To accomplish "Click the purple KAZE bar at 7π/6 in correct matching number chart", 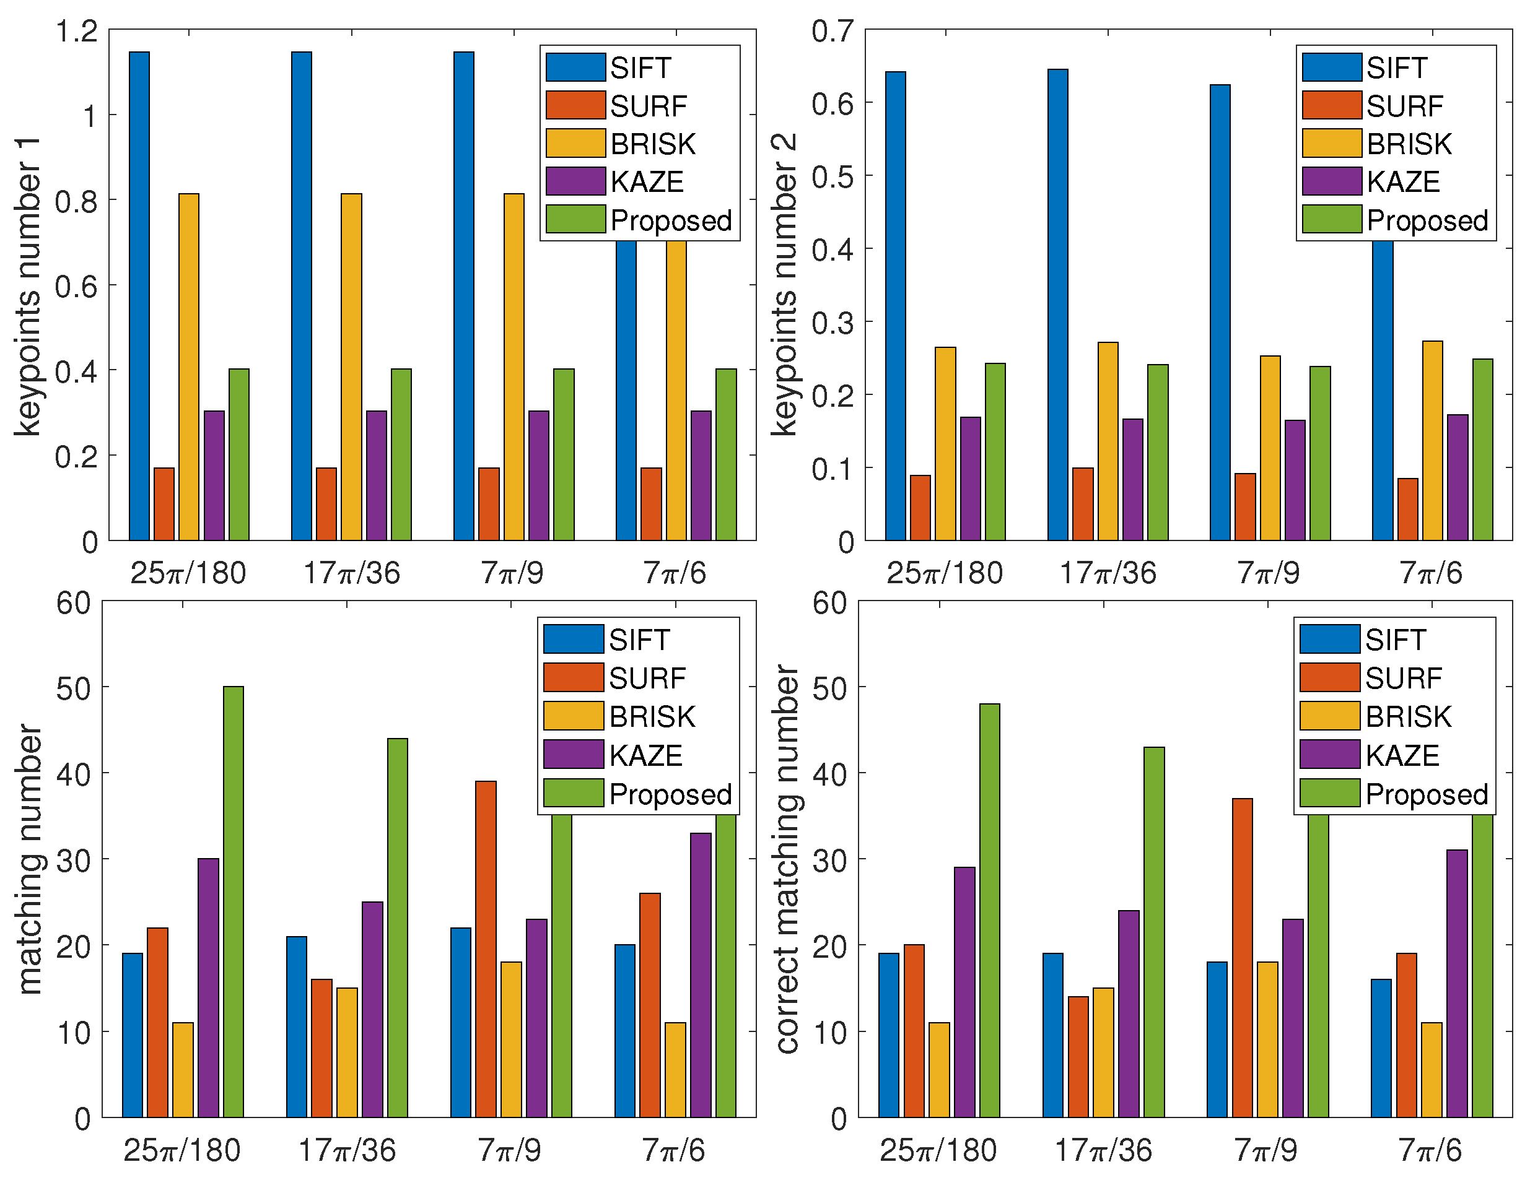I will tap(1457, 983).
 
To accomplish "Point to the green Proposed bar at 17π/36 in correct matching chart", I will tap(1154, 931).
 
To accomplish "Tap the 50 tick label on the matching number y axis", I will tap(73, 689).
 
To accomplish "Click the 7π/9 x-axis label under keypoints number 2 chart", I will tap(1268, 573).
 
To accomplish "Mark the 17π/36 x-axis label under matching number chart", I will tap(347, 1150).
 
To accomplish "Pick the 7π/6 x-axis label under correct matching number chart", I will tap(1430, 1150).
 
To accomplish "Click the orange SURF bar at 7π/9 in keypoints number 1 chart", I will tap(489, 503).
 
